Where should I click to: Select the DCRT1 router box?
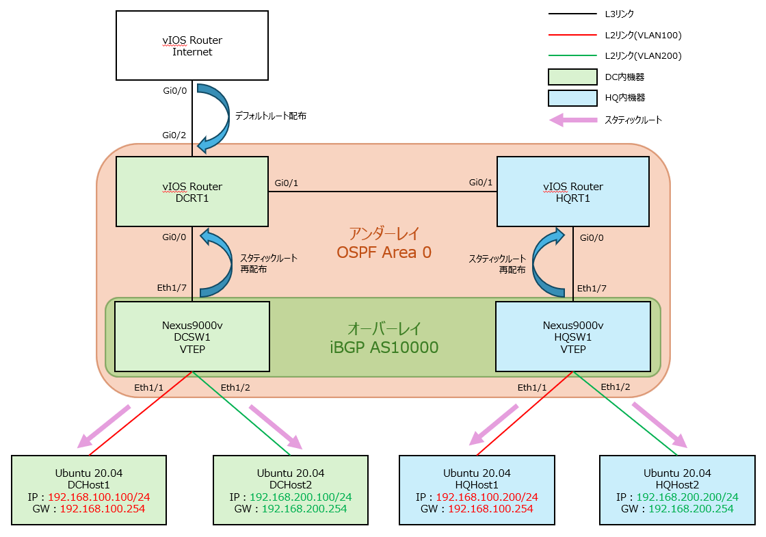(x=191, y=192)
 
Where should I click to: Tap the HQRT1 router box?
(x=572, y=192)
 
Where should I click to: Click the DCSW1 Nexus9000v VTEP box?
(x=191, y=335)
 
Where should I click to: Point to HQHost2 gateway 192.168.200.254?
(x=691, y=509)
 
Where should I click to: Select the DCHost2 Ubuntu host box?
(x=290, y=490)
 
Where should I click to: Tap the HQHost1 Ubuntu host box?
(x=476, y=490)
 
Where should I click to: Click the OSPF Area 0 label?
(x=384, y=252)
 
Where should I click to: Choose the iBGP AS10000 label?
(x=384, y=348)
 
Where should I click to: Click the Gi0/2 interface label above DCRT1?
(x=174, y=135)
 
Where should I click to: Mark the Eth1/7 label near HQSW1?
(x=592, y=288)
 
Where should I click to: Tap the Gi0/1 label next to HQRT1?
(x=480, y=183)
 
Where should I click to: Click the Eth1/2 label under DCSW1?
(x=235, y=388)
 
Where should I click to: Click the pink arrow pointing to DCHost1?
(x=104, y=425)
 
